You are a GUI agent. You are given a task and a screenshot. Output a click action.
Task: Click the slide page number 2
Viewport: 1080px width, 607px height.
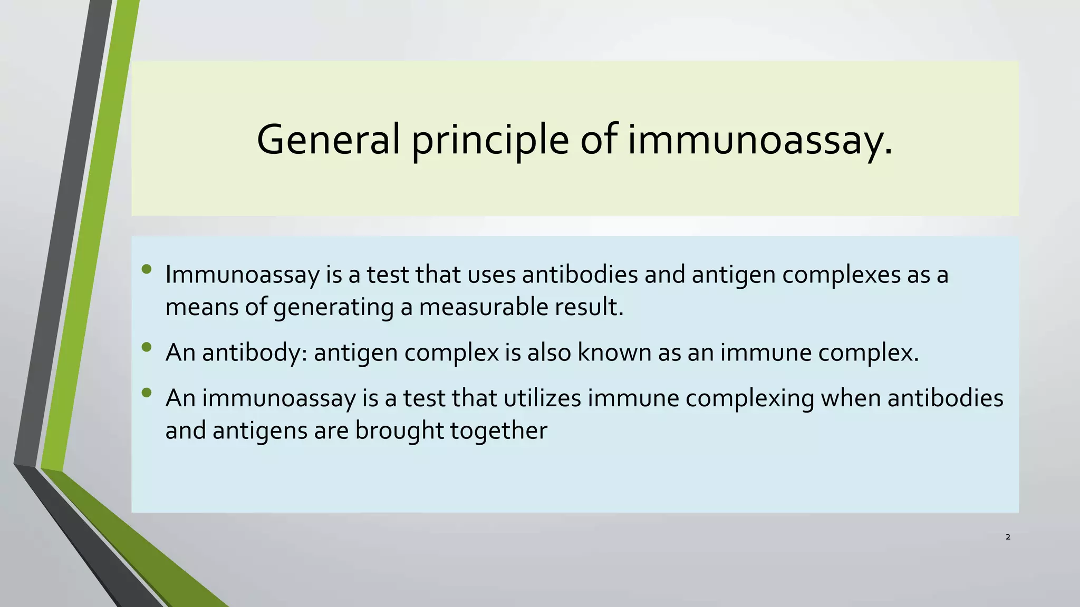(x=1008, y=537)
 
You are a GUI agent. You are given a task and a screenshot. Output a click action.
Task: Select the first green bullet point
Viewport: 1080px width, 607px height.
(x=147, y=269)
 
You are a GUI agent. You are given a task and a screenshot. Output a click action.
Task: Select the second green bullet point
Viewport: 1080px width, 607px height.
(x=147, y=347)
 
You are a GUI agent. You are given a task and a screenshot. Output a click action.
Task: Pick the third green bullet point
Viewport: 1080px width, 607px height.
(x=147, y=393)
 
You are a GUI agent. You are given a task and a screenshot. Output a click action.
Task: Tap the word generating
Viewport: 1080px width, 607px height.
(x=333, y=308)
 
